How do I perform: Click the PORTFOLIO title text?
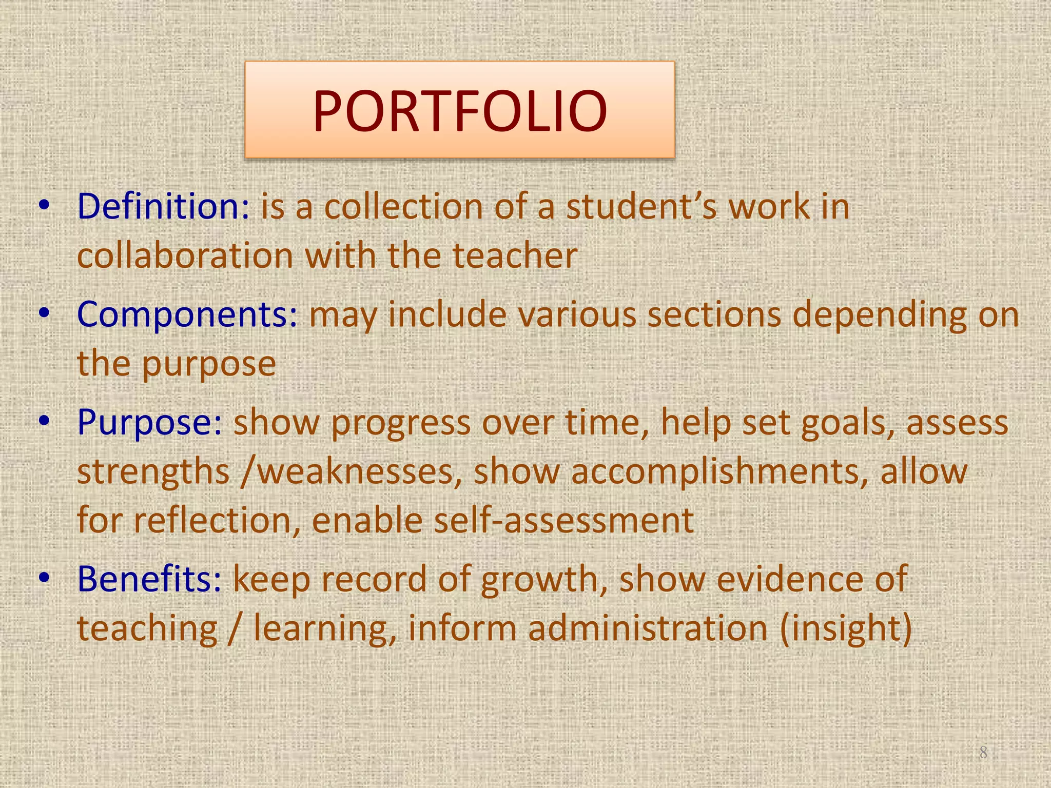(460, 111)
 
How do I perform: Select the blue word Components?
(187, 314)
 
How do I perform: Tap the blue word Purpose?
(149, 423)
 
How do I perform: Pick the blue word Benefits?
(149, 579)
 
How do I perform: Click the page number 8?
(983, 753)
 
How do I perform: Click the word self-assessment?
(564, 520)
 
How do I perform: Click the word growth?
(544, 579)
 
